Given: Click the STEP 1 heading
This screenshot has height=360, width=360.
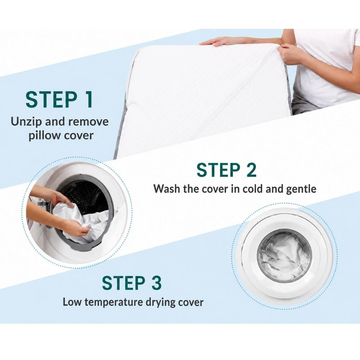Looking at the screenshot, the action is coord(59,99).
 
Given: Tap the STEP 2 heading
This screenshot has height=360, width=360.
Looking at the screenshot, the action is coord(226,170).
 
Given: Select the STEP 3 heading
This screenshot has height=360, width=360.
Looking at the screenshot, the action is coord(132,283).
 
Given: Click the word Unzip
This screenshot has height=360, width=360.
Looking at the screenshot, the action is coord(27,121).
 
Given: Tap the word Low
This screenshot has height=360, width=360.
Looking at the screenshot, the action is coord(72,302).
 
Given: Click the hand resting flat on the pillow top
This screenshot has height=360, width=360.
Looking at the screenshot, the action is coord(219,41).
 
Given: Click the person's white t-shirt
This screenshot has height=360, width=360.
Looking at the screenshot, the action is coord(326,67).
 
